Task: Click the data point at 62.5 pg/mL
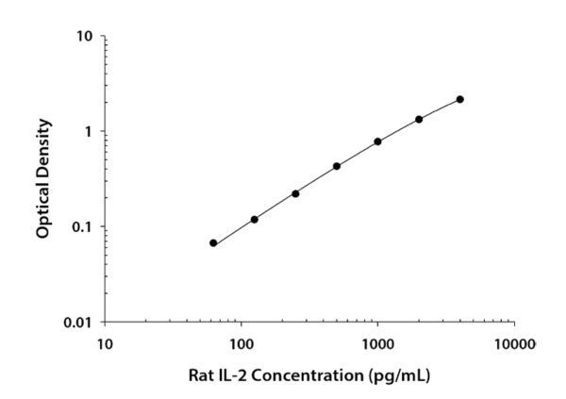tap(213, 243)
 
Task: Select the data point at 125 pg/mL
tap(255, 219)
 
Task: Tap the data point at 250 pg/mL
tap(295, 193)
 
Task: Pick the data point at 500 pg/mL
tap(337, 166)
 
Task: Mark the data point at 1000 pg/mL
tap(377, 141)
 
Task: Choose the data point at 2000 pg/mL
tap(419, 120)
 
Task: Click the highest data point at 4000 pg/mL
tap(459, 99)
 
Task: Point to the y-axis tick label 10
tap(85, 37)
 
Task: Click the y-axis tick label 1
tap(89, 132)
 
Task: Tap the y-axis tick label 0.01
tap(78, 323)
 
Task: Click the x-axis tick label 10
tap(105, 344)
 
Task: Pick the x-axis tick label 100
tap(241, 344)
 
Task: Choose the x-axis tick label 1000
tap(377, 344)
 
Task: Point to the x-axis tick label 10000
tap(515, 344)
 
